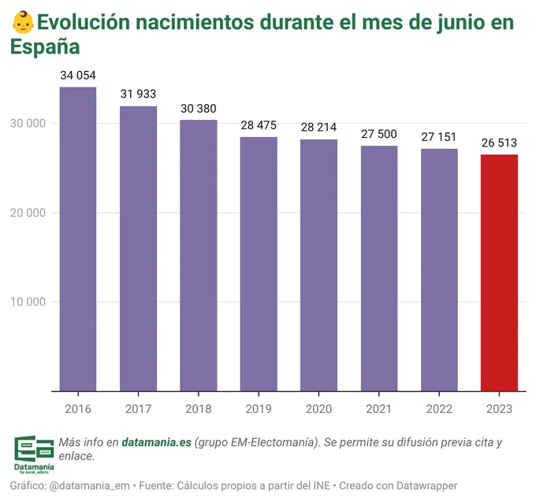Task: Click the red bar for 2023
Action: coord(499,273)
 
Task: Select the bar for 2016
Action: coord(78,239)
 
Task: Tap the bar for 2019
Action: coord(259,264)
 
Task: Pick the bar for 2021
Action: coord(379,268)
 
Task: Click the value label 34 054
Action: coord(78,76)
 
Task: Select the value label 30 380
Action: coord(199,109)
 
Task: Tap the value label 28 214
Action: coord(318,128)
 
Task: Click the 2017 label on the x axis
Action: coord(138,409)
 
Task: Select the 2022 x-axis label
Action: coord(439,409)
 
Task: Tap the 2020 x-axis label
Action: coord(318,409)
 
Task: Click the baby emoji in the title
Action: coord(24,21)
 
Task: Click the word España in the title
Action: coord(45,46)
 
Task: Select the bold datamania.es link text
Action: coord(156,442)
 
